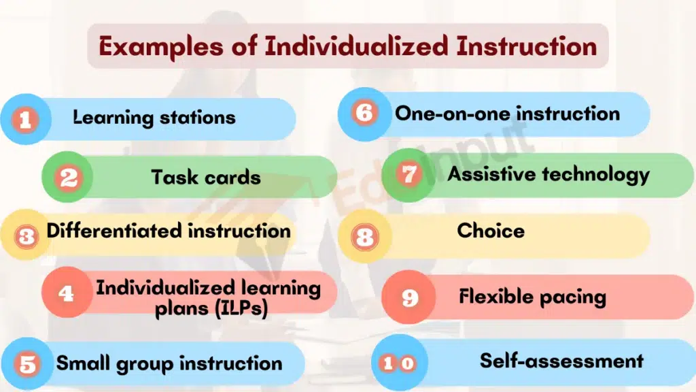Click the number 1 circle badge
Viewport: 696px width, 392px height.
[x=25, y=120]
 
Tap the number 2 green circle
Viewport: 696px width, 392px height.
[x=68, y=178]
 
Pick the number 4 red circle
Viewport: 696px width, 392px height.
[x=67, y=293]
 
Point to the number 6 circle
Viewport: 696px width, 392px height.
[x=364, y=113]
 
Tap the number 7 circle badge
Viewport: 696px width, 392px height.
[x=408, y=175]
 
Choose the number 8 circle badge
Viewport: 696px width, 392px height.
[x=364, y=236]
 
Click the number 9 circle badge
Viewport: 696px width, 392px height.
[x=408, y=298]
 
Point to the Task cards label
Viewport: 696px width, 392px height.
[x=206, y=178]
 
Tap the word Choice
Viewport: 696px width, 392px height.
[x=491, y=231]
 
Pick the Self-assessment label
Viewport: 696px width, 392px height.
[x=561, y=360]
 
